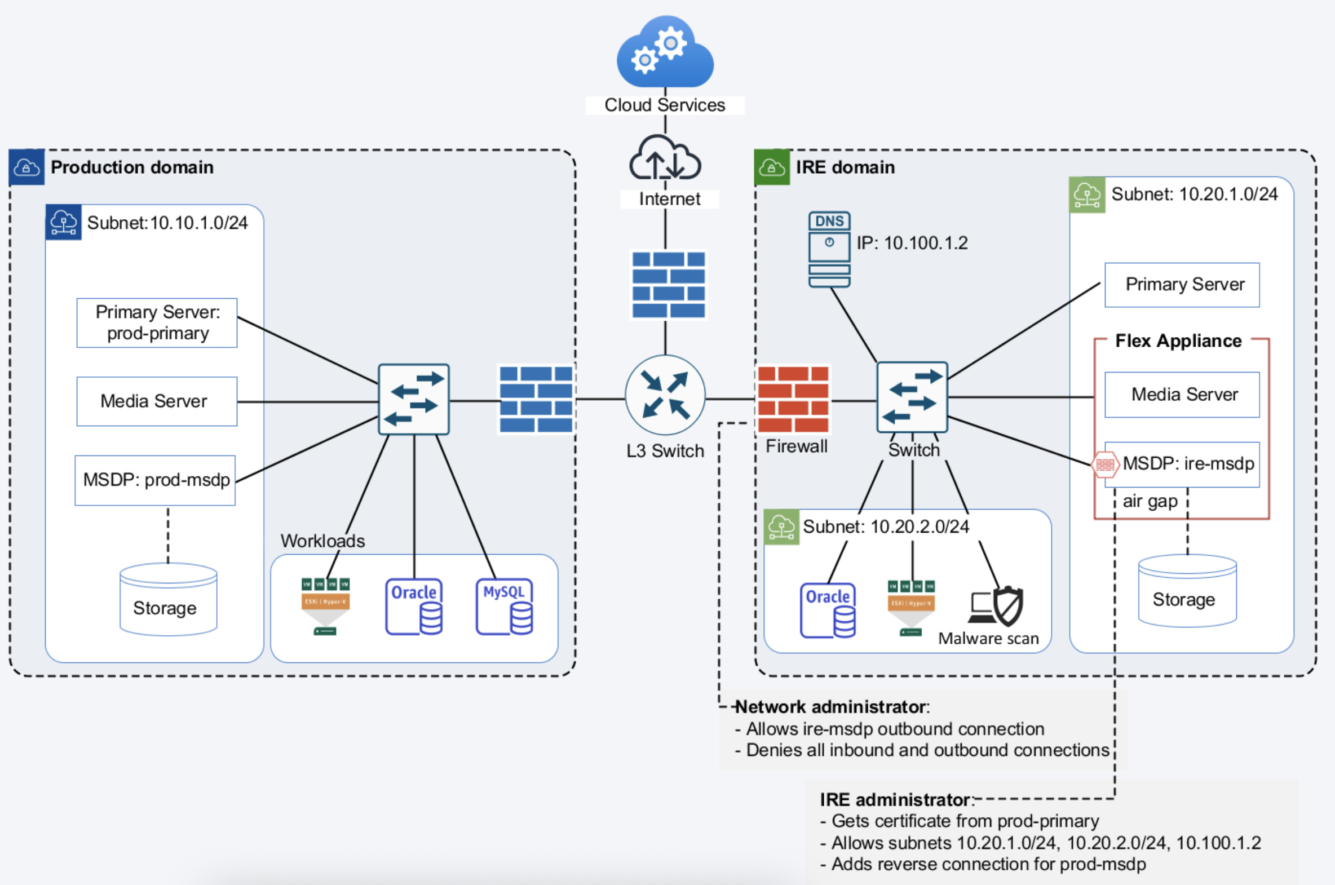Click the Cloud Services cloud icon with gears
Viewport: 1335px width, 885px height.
click(665, 52)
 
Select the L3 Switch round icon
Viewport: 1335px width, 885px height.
click(665, 395)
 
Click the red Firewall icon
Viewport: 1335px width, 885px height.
click(793, 399)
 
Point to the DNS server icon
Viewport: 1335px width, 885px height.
click(829, 249)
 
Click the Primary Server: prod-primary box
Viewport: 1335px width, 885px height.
click(157, 323)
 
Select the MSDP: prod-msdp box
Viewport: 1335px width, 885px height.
click(155, 480)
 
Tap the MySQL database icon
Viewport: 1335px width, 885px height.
click(504, 607)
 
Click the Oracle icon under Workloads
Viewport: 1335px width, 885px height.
click(414, 607)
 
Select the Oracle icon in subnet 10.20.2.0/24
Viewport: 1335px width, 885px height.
click(828, 610)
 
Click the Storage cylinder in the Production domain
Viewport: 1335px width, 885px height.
click(168, 599)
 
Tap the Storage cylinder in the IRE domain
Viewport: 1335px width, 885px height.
click(1187, 591)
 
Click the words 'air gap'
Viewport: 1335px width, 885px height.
click(1150, 501)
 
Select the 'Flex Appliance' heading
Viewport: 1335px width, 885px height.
click(1178, 341)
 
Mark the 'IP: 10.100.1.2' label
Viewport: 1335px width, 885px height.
click(912, 244)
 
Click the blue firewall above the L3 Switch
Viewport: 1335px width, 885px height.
click(669, 285)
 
